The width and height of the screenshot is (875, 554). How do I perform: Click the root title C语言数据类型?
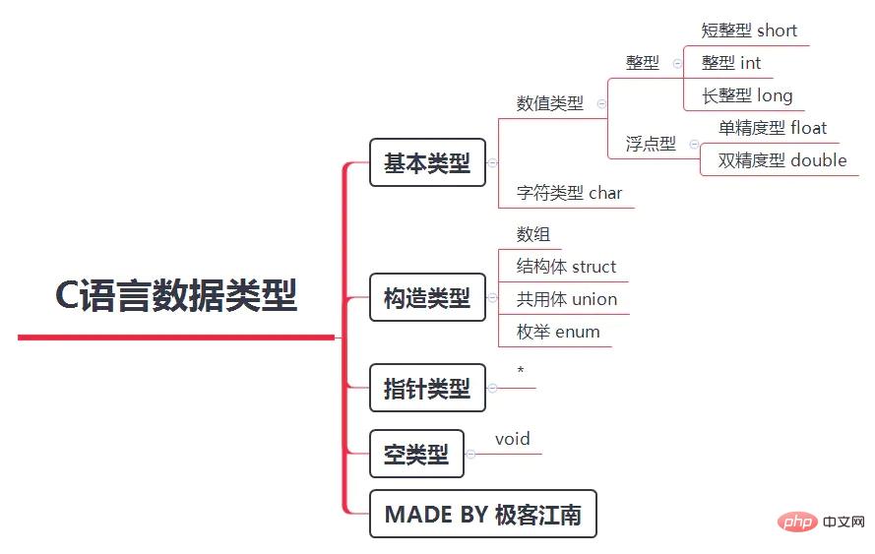point(176,295)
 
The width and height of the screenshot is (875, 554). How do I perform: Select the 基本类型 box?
point(427,163)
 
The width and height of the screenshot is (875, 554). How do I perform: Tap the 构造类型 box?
point(427,297)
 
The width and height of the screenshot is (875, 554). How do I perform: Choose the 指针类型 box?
point(427,388)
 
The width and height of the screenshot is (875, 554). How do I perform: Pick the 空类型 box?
point(416,454)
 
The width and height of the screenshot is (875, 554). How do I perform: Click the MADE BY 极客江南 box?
point(482,514)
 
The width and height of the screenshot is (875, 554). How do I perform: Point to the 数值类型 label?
point(549,103)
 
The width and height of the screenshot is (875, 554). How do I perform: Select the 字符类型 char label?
point(569,193)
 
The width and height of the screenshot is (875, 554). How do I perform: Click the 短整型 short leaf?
point(749,31)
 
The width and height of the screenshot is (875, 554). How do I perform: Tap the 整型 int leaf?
point(731,63)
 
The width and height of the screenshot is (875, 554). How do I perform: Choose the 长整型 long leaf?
point(747,95)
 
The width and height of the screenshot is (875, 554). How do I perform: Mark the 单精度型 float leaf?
point(772,128)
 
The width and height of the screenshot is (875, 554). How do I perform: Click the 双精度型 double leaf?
point(781,160)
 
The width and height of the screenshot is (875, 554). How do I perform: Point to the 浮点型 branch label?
point(651,144)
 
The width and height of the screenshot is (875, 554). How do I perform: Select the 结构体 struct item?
point(566,267)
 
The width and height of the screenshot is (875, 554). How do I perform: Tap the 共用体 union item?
point(567,299)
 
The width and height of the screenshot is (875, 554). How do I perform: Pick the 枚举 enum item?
point(558,332)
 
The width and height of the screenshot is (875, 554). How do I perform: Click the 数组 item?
point(533,234)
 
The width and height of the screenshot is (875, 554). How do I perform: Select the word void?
point(513,439)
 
